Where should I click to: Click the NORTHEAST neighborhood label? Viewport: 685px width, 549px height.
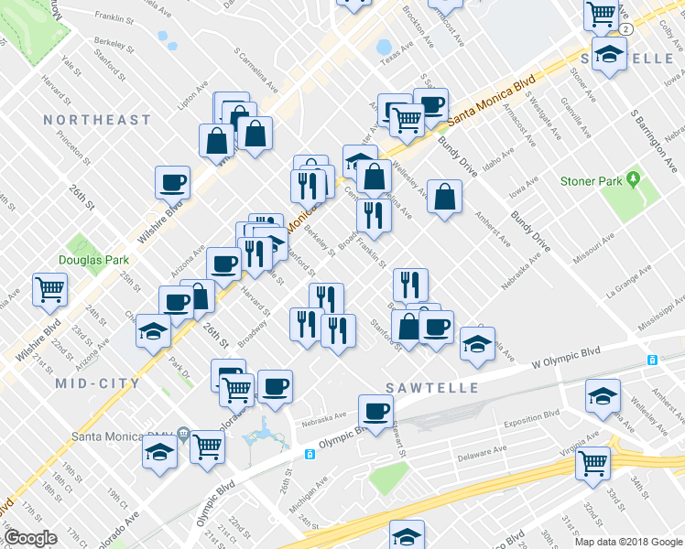96,120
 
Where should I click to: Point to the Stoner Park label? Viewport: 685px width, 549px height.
591,181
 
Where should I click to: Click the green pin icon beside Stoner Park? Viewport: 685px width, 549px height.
632,180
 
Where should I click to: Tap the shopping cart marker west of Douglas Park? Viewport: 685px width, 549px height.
50,289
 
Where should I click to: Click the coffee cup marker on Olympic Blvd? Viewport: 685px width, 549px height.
375,411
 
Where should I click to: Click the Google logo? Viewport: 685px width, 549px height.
30,538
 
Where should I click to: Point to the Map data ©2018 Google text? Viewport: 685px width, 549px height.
627,542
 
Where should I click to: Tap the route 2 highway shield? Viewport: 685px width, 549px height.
625,29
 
